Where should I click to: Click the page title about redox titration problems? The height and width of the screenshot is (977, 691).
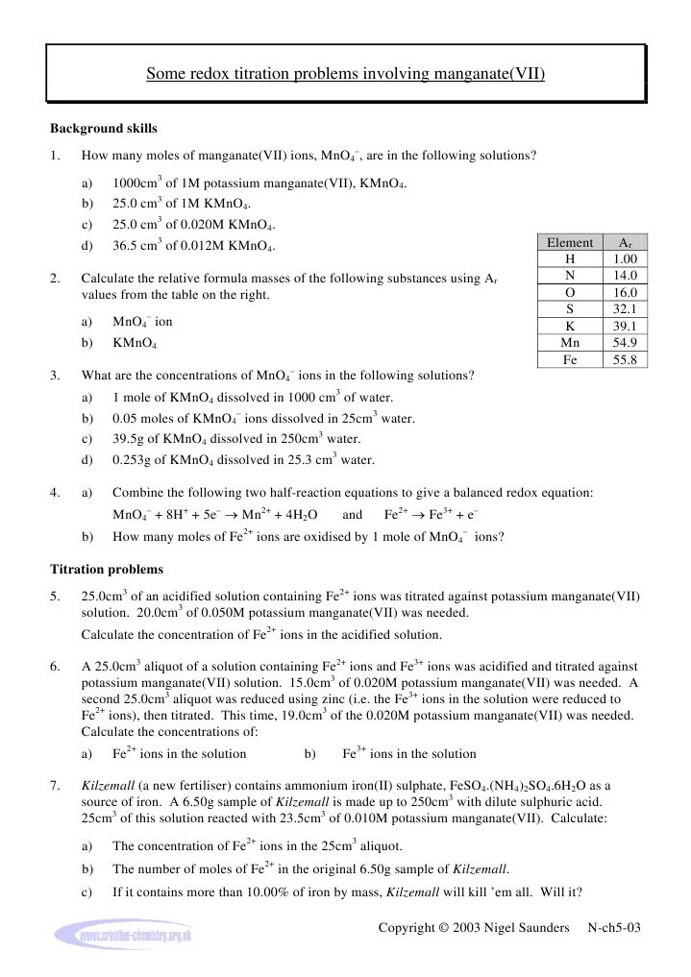tap(345, 73)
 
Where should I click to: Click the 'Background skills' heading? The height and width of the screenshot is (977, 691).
tap(103, 129)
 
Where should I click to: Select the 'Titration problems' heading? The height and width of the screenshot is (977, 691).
tap(106, 569)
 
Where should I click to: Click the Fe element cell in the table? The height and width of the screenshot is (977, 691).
tap(569, 360)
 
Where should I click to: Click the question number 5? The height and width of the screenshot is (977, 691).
tap(54, 598)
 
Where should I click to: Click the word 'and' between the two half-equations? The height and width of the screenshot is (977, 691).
tap(352, 514)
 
